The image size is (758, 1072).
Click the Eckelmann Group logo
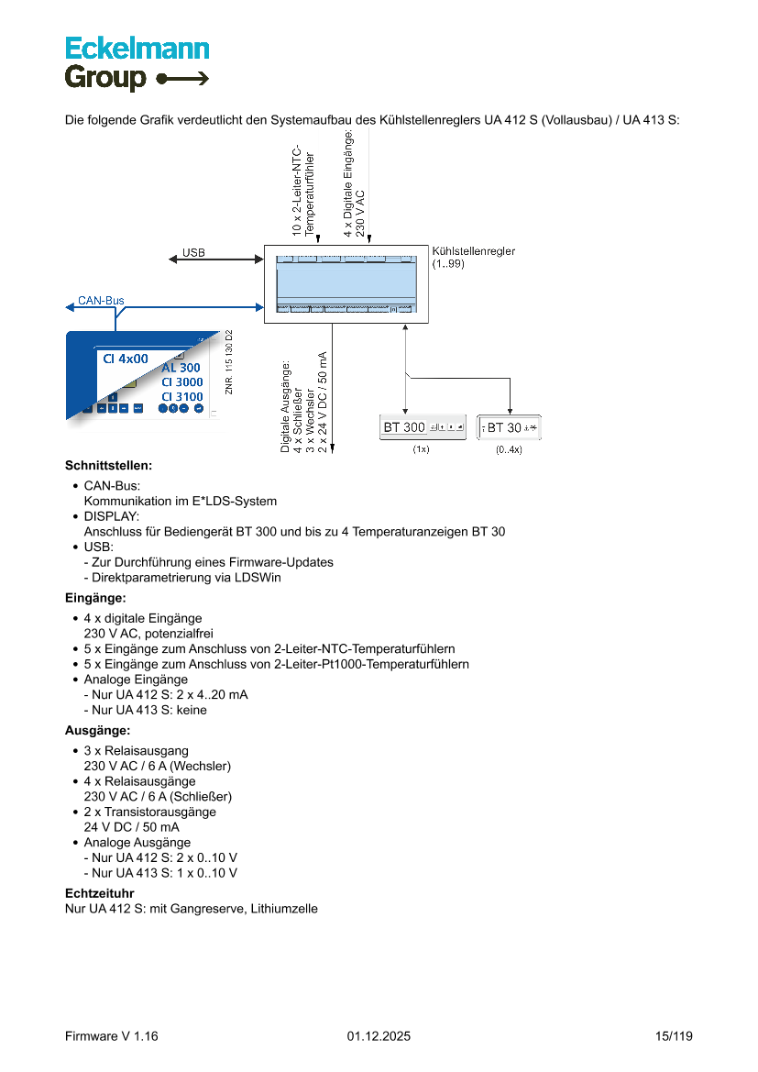pyautogui.click(x=137, y=63)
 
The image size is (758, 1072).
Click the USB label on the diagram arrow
pyautogui.click(x=193, y=252)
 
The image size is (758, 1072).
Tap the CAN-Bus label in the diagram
pyautogui.click(x=101, y=300)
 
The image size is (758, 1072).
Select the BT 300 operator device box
pyautogui.click(x=423, y=427)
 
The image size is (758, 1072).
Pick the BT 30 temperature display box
pyautogui.click(x=510, y=427)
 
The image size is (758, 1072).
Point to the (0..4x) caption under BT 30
pyautogui.click(x=509, y=450)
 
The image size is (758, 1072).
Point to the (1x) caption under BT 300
pyautogui.click(x=421, y=450)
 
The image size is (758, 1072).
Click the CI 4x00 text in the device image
pyautogui.click(x=126, y=359)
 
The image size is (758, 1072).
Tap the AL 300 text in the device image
pyautogui.click(x=181, y=368)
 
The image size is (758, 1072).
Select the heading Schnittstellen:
pyautogui.click(x=108, y=466)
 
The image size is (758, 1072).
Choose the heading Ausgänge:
pyautogui.click(x=97, y=731)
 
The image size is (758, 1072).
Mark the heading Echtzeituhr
pyautogui.click(x=100, y=892)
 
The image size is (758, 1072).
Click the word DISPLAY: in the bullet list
pyautogui.click(x=112, y=516)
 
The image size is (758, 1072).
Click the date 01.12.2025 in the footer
pyautogui.click(x=379, y=1036)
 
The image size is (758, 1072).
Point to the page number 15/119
pyautogui.click(x=674, y=1036)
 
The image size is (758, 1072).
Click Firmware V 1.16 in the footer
pyautogui.click(x=112, y=1036)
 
